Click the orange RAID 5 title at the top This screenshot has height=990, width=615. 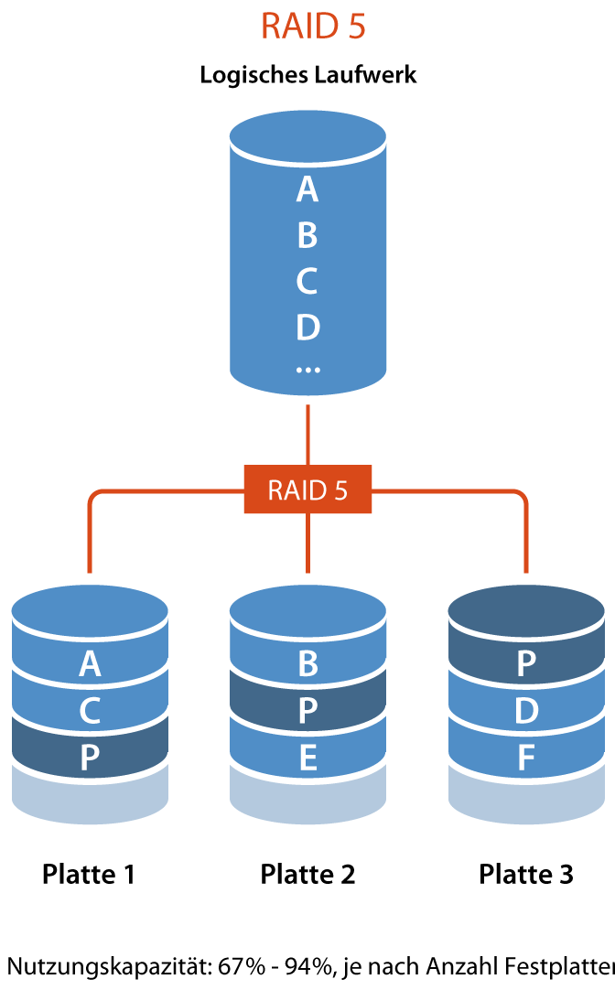[313, 27]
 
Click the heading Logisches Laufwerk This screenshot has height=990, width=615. [308, 75]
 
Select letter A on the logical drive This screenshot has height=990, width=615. [307, 190]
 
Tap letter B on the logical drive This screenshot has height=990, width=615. [307, 236]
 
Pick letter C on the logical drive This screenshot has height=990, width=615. [307, 281]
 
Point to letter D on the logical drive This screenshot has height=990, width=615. [307, 327]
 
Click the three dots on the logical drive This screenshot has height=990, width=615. [307, 370]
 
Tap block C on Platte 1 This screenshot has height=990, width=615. [90, 711]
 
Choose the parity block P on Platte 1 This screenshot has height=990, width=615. [90, 758]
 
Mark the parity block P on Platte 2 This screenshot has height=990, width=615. [307, 711]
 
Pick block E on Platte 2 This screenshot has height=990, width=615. [307, 758]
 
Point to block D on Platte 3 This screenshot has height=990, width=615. [526, 711]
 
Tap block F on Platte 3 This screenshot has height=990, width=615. [526, 758]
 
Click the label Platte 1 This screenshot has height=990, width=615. [89, 875]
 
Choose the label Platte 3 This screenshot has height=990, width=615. [526, 875]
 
